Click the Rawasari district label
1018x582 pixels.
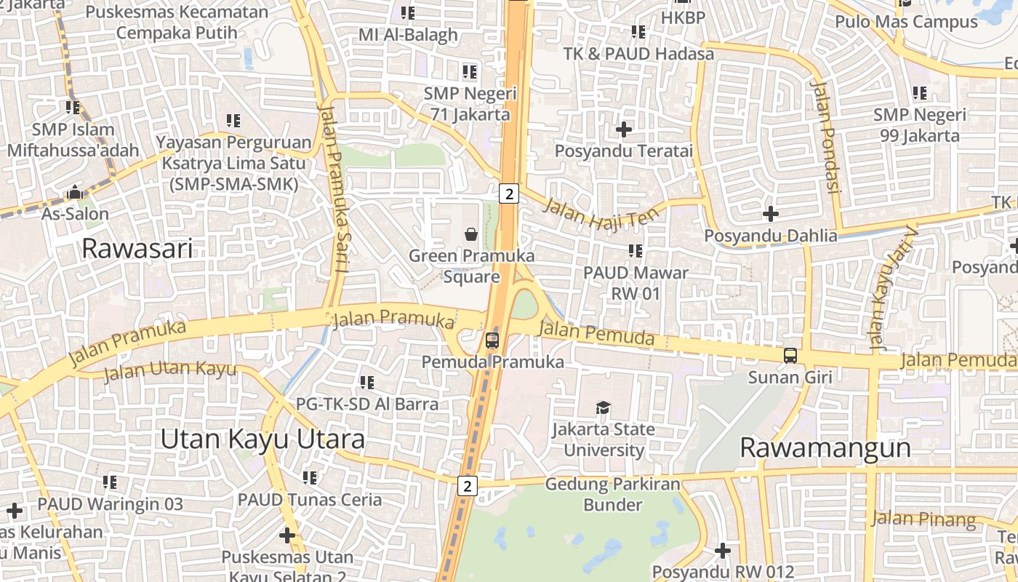(x=137, y=248)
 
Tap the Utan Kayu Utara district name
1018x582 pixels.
(x=262, y=439)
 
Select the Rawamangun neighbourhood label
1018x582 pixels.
(x=825, y=447)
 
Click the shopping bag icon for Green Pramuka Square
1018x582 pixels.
(x=471, y=234)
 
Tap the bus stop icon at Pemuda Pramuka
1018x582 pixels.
(x=492, y=340)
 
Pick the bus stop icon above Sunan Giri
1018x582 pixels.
(x=790, y=356)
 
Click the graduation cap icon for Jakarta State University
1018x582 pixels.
(x=603, y=407)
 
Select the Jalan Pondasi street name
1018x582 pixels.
(x=825, y=136)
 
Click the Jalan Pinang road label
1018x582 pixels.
(x=923, y=519)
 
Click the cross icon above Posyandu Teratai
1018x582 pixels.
(x=623, y=129)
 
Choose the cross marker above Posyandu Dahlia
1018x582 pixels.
(x=770, y=214)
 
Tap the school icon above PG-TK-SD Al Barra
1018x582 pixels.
(x=367, y=382)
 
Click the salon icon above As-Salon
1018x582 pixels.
(x=74, y=193)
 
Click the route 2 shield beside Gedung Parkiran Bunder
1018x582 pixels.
(x=468, y=485)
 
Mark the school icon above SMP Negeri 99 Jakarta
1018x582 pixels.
(x=920, y=93)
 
